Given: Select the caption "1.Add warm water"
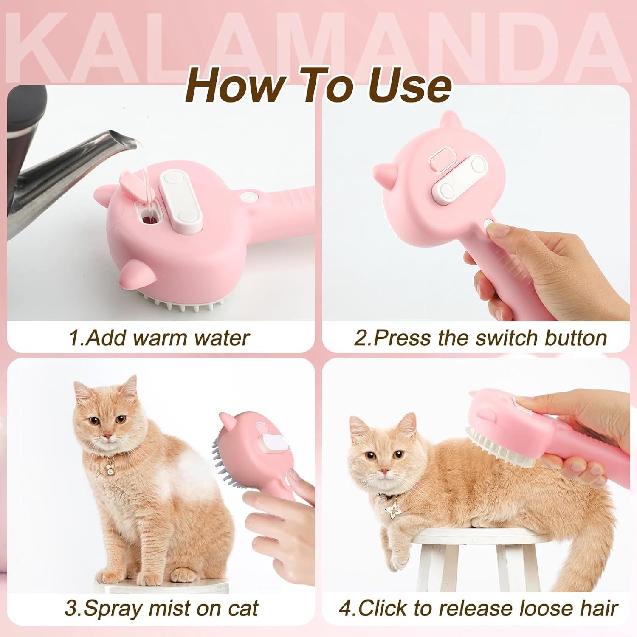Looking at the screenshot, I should (159, 338).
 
